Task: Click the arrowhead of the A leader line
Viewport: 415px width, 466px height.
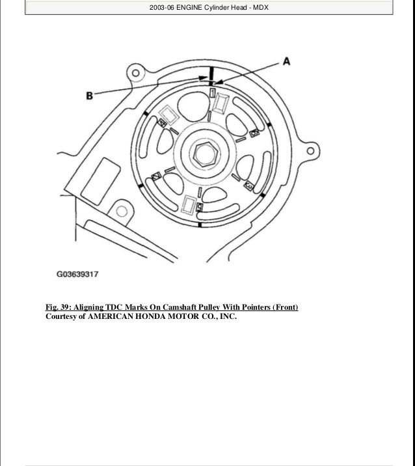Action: [215, 83]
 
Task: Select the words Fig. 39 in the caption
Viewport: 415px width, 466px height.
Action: [59, 307]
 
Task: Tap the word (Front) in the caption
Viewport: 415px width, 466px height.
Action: [285, 307]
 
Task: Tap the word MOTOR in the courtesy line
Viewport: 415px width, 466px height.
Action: [176, 318]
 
